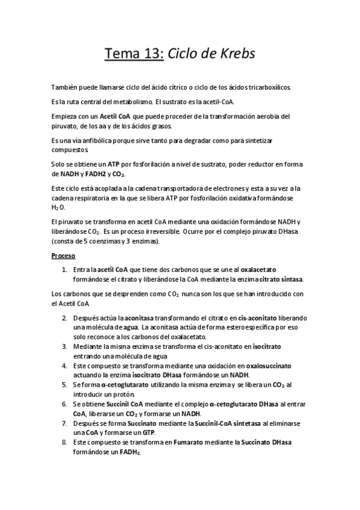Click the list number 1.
tap(64, 269)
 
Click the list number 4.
tap(64, 365)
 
